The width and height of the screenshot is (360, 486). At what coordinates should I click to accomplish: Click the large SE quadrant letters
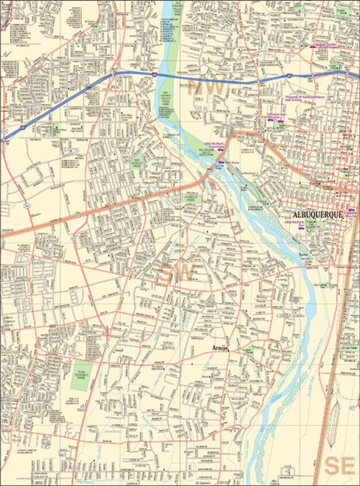[x=340, y=465]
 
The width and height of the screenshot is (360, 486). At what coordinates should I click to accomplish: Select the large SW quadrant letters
[x=177, y=273]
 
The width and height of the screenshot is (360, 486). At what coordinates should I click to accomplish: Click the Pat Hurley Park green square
[x=137, y=161]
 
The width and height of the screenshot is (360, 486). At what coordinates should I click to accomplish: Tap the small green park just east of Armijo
[x=248, y=350]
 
